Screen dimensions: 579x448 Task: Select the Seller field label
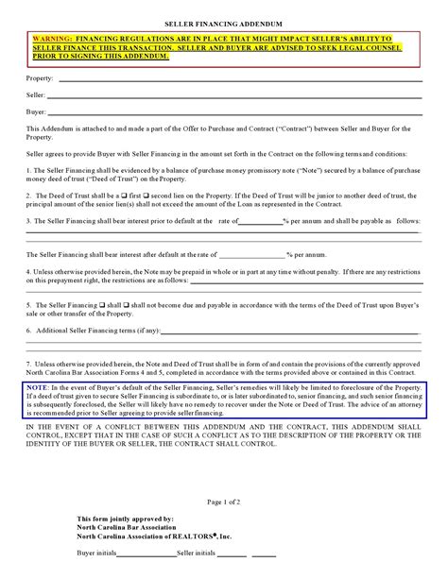pos(35,96)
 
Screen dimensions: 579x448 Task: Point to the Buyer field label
pos(35,111)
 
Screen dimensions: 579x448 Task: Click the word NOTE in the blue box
pos(39,388)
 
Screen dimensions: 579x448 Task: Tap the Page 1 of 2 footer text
pos(224,497)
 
